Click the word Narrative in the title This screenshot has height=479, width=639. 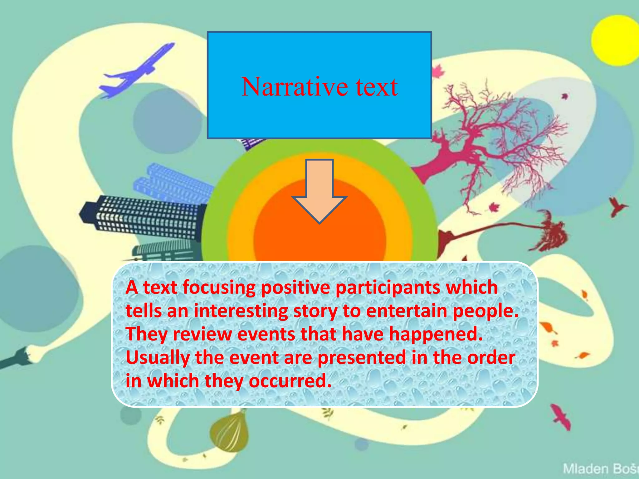[294, 87]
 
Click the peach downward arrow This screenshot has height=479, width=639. [319, 191]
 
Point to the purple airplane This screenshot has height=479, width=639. [137, 70]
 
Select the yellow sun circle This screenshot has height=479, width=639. [615, 41]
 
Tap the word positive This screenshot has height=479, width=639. [295, 288]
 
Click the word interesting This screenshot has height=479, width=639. [241, 311]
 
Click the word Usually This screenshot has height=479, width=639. [158, 358]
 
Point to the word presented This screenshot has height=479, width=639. [362, 358]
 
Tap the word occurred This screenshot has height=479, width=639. [290, 381]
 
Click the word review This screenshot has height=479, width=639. [202, 334]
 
